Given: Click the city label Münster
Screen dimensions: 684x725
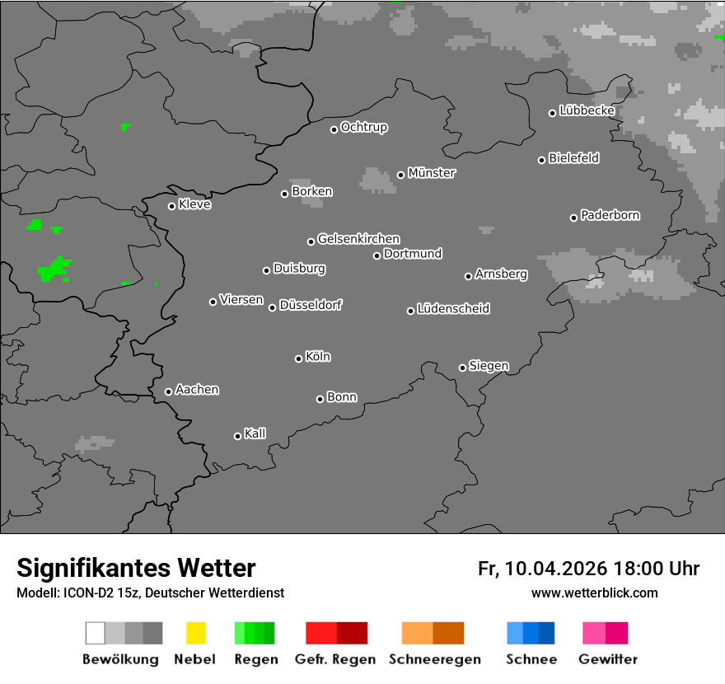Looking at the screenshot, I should pyautogui.click(x=432, y=173).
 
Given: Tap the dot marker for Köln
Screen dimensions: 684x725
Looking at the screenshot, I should pyautogui.click(x=298, y=358).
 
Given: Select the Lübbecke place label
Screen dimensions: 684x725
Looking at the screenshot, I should pyautogui.click(x=587, y=110).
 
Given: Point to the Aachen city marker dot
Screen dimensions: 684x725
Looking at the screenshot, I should pyautogui.click(x=168, y=391).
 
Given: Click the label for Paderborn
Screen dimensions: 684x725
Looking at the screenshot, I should pyautogui.click(x=610, y=215).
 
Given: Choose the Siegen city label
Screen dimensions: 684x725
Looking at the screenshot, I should pyautogui.click(x=489, y=366).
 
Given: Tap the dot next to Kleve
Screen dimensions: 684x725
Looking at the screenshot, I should pyautogui.click(x=171, y=206).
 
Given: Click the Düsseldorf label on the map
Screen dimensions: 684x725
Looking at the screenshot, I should pyautogui.click(x=311, y=305).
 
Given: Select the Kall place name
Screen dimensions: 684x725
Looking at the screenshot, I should pyautogui.click(x=255, y=433).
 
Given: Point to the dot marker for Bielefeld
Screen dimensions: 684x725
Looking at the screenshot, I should pyautogui.click(x=542, y=160).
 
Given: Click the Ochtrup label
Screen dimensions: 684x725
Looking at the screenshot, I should pyautogui.click(x=364, y=127).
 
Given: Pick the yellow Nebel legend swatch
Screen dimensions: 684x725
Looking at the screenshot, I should pyautogui.click(x=195, y=633).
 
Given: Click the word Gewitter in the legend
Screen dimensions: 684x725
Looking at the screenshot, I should pyautogui.click(x=608, y=659).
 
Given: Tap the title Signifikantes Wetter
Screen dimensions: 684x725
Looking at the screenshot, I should pyautogui.click(x=136, y=568).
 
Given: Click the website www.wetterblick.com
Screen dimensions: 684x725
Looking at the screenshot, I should pyautogui.click(x=594, y=593).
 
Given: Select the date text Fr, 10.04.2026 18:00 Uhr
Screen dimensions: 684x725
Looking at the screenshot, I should pyautogui.click(x=588, y=569).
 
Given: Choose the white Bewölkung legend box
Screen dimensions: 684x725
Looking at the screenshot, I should pyautogui.click(x=95, y=633).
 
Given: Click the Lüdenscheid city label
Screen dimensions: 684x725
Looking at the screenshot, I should pyautogui.click(x=453, y=309).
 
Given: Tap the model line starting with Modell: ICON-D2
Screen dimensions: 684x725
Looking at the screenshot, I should pyautogui.click(x=150, y=593).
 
